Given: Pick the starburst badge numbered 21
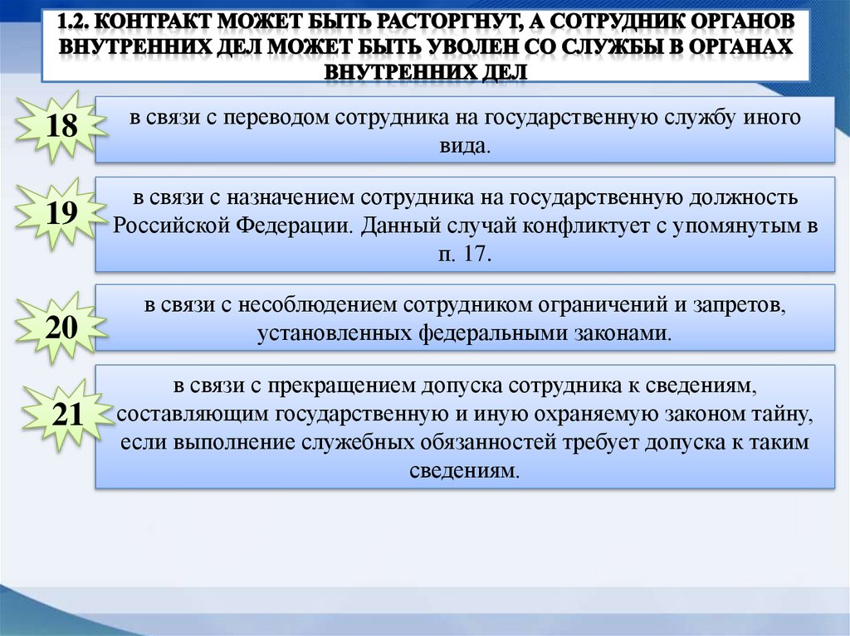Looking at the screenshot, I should click(x=66, y=415).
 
